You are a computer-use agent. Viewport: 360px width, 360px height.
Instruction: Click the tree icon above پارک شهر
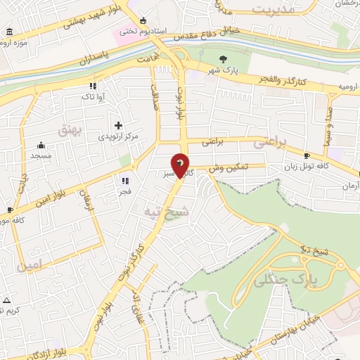pyautogui.click(x=224, y=59)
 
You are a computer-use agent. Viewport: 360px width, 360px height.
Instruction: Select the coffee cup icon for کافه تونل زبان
pyautogui.click(x=307, y=155)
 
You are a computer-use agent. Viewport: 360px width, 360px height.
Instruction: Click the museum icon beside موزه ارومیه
pyautogui.click(x=8, y=32)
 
